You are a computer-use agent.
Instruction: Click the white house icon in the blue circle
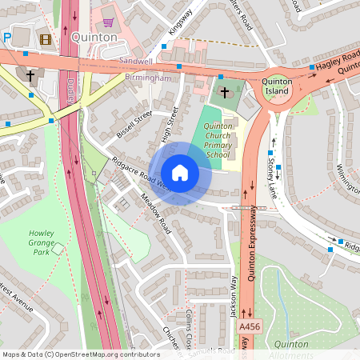180,173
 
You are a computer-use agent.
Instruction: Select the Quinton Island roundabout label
278,86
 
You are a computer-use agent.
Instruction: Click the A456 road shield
250,327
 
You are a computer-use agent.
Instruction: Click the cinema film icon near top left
45,38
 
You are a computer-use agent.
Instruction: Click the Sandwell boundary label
134,61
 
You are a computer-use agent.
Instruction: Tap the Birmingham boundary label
148,78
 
